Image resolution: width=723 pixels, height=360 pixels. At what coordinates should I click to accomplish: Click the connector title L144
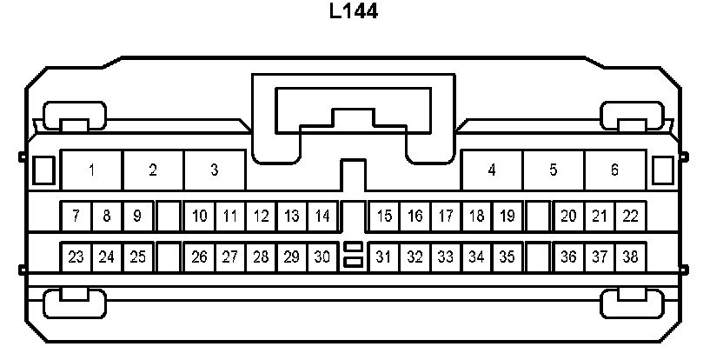pyautogui.click(x=353, y=12)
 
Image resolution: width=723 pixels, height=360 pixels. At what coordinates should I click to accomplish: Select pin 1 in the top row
pyautogui.click(x=91, y=170)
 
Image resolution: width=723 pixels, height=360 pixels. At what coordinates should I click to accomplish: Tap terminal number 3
pyautogui.click(x=215, y=170)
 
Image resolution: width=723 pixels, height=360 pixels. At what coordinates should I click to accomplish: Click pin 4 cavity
pyautogui.click(x=492, y=170)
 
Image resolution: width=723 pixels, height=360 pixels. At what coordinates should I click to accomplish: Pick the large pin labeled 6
pyautogui.click(x=614, y=170)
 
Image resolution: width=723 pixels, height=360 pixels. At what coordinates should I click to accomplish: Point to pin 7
pyautogui.click(x=76, y=216)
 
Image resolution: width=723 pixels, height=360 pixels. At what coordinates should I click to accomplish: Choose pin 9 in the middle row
pyautogui.click(x=137, y=216)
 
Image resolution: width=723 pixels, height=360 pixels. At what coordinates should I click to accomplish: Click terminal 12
pyautogui.click(x=261, y=216)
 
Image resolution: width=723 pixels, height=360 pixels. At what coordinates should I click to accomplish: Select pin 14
pyautogui.click(x=322, y=216)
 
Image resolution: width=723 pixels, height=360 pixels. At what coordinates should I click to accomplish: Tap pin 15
pyautogui.click(x=384, y=216)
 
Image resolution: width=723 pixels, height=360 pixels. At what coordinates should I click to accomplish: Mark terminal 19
pyautogui.click(x=507, y=216)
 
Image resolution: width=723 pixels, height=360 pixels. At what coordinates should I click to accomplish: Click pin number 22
pyautogui.click(x=630, y=216)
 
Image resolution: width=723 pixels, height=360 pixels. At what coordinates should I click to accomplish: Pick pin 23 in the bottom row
pyautogui.click(x=76, y=257)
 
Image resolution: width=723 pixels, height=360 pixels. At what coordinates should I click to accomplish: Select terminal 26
pyautogui.click(x=199, y=257)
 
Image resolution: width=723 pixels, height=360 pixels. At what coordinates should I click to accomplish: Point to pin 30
pyautogui.click(x=322, y=257)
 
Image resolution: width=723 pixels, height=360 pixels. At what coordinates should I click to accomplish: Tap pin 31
pyautogui.click(x=384, y=257)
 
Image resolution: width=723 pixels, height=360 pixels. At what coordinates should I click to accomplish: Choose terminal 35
pyautogui.click(x=507, y=257)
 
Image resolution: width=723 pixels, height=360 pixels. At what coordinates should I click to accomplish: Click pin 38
pyautogui.click(x=630, y=257)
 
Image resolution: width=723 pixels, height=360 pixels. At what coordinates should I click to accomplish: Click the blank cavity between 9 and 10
pyautogui.click(x=169, y=216)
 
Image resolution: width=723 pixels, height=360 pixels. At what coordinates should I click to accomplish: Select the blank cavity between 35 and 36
pyautogui.click(x=539, y=257)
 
